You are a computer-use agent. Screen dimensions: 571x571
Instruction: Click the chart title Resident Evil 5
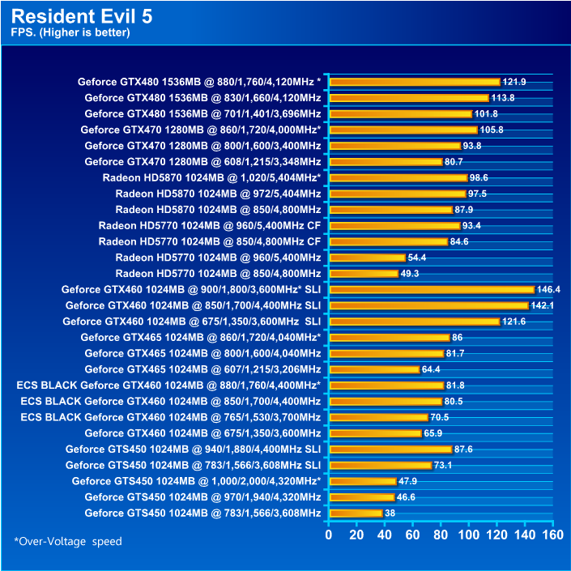click(x=81, y=16)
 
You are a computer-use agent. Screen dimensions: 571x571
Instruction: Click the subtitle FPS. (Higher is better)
click(x=70, y=33)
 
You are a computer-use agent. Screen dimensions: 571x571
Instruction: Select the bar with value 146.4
click(x=431, y=289)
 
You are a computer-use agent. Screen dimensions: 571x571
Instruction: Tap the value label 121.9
click(x=514, y=82)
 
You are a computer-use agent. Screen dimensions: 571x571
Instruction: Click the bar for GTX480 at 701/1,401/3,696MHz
click(x=400, y=113)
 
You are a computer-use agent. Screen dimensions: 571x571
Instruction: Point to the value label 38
click(x=390, y=513)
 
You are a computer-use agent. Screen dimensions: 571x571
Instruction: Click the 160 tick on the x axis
click(x=552, y=535)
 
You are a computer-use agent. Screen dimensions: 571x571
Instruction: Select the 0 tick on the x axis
click(x=329, y=535)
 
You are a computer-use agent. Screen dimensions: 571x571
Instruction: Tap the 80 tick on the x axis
click(x=441, y=535)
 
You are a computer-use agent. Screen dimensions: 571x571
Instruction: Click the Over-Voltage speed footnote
click(x=68, y=541)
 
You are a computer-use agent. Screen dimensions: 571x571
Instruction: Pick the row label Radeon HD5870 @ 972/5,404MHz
click(x=218, y=194)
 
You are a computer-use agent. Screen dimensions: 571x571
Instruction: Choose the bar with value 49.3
click(x=364, y=274)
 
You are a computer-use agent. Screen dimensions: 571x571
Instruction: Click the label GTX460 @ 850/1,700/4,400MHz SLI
click(x=193, y=305)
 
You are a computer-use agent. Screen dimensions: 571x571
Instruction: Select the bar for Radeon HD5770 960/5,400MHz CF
click(x=394, y=225)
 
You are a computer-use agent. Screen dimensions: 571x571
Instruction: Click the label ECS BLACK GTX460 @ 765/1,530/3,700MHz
click(x=168, y=417)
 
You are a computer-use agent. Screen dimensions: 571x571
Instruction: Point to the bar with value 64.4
click(x=374, y=369)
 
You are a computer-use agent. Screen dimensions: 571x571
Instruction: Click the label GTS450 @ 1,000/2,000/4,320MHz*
click(x=196, y=481)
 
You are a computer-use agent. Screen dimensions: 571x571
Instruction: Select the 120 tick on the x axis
click(x=496, y=535)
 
